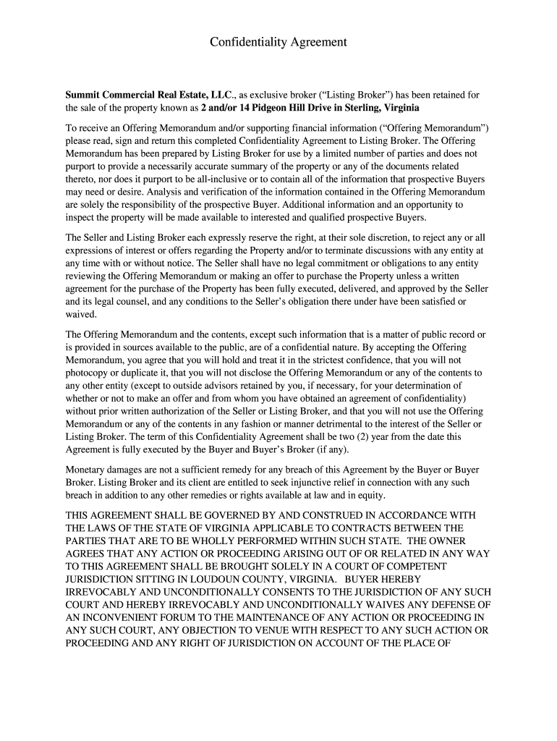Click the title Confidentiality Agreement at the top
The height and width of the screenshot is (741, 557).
pyautogui.click(x=278, y=43)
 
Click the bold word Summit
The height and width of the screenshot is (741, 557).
pyautogui.click(x=84, y=95)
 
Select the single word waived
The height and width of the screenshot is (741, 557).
pyautogui.click(x=80, y=315)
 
